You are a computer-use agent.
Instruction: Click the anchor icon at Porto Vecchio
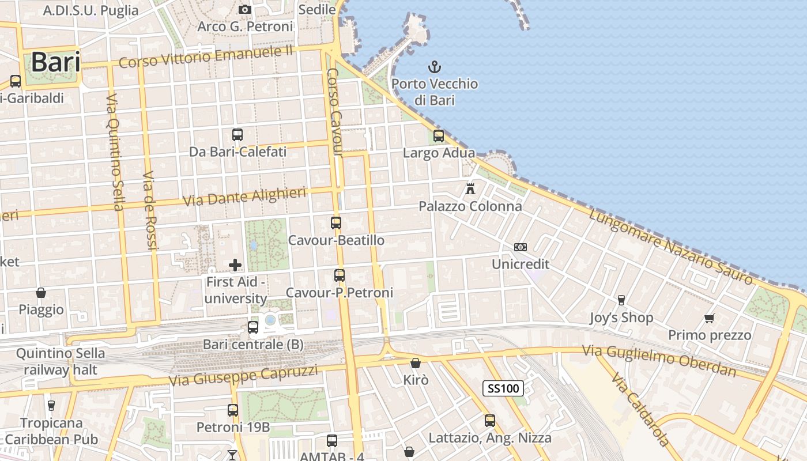435,67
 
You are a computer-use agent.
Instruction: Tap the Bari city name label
55,62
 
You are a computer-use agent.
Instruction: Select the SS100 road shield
503,388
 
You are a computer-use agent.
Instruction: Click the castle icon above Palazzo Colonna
470,188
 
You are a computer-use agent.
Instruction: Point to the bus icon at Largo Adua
439,136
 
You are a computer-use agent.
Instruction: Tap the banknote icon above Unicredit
521,247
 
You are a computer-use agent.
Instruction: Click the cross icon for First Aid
235,265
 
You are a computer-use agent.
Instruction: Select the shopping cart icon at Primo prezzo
710,318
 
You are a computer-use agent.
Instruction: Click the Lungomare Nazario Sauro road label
670,247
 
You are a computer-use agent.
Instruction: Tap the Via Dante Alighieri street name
244,197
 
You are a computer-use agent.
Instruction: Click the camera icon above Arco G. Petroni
245,10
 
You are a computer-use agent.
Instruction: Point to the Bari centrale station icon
252,327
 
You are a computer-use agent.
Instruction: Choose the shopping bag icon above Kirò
415,363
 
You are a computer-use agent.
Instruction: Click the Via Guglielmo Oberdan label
659,360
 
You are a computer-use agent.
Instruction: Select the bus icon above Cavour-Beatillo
336,222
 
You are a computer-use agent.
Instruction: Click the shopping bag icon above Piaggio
41,293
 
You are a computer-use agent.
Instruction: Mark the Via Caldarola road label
640,410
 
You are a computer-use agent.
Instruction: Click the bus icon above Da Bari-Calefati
237,135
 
